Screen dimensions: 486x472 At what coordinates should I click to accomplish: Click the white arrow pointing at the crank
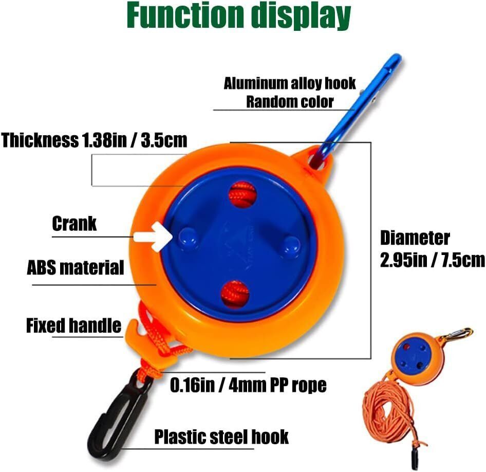coord(153,237)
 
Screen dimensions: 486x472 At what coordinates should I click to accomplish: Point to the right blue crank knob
coord(291,247)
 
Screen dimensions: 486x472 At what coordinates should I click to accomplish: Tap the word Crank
coord(74,223)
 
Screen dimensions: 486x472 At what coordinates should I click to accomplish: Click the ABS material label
coord(76,268)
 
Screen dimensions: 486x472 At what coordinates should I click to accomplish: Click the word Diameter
coord(415,238)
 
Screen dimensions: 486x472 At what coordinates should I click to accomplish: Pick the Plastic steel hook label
coord(221,437)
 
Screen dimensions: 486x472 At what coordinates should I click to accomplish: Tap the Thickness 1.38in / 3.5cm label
coord(94,140)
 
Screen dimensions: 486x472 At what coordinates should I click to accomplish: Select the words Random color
coord(290,102)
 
